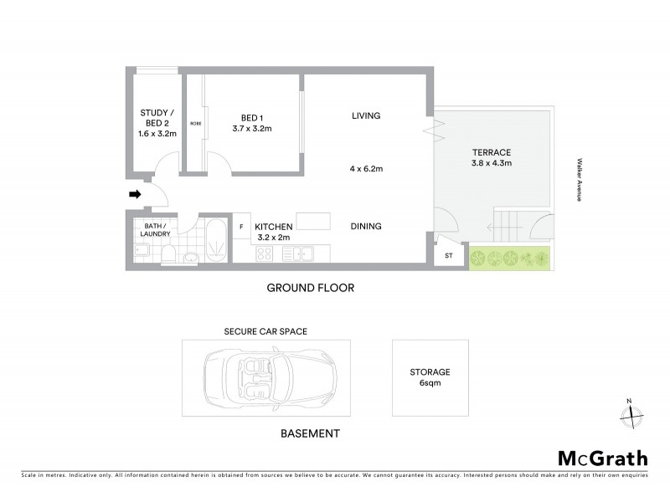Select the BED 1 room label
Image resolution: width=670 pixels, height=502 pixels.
252,122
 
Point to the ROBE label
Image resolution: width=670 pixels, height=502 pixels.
195,124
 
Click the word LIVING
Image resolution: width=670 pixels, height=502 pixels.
366,115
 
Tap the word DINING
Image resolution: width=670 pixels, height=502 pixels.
366,226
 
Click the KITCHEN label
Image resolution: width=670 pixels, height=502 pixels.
274,232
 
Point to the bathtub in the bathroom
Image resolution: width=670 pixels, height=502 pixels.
214,240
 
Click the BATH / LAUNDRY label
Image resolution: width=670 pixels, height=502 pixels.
155,230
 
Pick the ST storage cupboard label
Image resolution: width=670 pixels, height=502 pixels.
449,256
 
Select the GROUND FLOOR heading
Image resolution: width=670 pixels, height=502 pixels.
311,288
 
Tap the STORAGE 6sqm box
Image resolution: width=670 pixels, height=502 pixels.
430,377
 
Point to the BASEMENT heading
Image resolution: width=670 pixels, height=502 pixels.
310,433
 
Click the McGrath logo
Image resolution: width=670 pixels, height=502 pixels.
602,458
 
